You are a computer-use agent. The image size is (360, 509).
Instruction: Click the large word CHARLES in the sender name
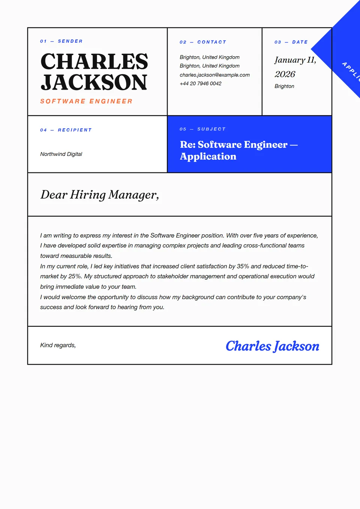pyautogui.click(x=94, y=62)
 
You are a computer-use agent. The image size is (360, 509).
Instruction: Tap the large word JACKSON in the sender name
pyautogui.click(x=94, y=82)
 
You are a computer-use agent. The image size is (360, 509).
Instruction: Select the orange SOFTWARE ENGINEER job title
pyautogui.click(x=86, y=101)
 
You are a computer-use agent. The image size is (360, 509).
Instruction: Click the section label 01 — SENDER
pyautogui.click(x=61, y=41)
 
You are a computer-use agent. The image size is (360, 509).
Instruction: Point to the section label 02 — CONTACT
pyautogui.click(x=202, y=42)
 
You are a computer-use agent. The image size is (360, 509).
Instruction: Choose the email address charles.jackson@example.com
pyautogui.click(x=214, y=75)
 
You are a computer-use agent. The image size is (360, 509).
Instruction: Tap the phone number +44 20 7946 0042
pyautogui.click(x=200, y=84)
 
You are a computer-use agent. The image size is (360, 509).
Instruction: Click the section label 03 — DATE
pyautogui.click(x=291, y=42)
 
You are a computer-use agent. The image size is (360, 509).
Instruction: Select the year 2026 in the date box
pyautogui.click(x=285, y=74)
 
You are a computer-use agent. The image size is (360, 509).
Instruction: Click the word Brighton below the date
pyautogui.click(x=284, y=86)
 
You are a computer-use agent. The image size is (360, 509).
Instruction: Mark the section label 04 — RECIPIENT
pyautogui.click(x=66, y=130)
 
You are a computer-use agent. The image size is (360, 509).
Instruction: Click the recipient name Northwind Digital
pyautogui.click(x=61, y=154)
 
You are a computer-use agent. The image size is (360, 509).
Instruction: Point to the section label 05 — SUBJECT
pyautogui.click(x=202, y=129)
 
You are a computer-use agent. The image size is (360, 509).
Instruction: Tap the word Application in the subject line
pyautogui.click(x=208, y=156)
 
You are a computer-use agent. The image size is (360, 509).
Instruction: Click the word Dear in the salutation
pyautogui.click(x=54, y=195)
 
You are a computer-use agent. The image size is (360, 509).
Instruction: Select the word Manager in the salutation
pyautogui.click(x=133, y=195)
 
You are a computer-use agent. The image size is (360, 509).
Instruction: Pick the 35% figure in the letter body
pyautogui.click(x=243, y=266)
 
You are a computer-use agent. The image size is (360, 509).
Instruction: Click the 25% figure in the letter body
pyautogui.click(x=75, y=276)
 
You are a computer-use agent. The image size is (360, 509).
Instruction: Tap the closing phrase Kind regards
pyautogui.click(x=58, y=345)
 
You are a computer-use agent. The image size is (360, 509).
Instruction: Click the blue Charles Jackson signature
pyautogui.click(x=272, y=346)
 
